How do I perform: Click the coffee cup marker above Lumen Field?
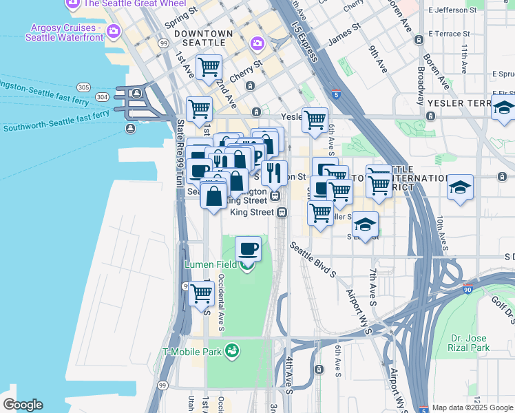(248, 248)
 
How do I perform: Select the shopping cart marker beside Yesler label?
(315, 119)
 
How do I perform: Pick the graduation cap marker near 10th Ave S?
(460, 187)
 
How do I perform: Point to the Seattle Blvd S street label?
(313, 260)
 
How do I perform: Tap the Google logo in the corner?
(23, 405)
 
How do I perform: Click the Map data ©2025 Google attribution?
(472, 407)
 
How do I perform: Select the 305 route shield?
(83, 87)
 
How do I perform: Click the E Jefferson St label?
(452, 10)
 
